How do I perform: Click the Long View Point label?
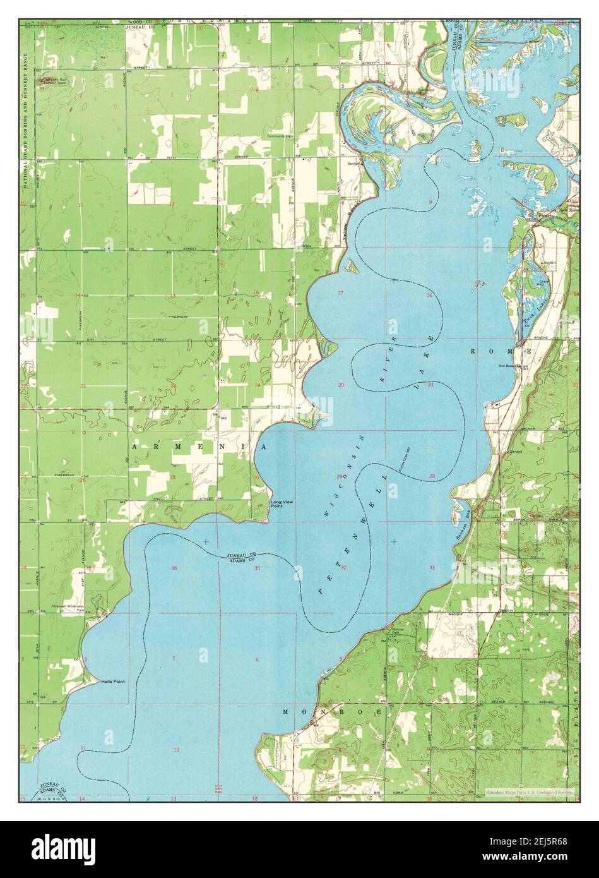282,504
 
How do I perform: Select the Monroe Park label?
398,632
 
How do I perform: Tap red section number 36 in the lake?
174,568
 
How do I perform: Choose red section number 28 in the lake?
432,476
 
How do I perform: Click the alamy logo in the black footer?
63,847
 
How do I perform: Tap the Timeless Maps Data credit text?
529,791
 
